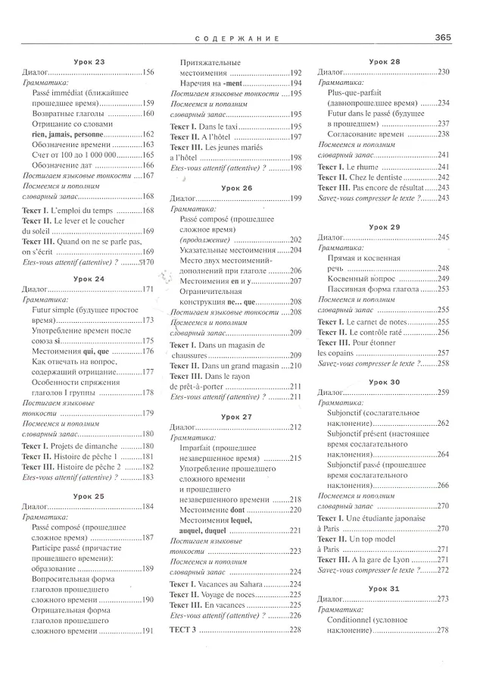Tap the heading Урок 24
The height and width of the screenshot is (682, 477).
click(89, 279)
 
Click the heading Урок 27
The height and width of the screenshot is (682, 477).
click(236, 416)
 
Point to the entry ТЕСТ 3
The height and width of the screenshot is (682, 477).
click(183, 630)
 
